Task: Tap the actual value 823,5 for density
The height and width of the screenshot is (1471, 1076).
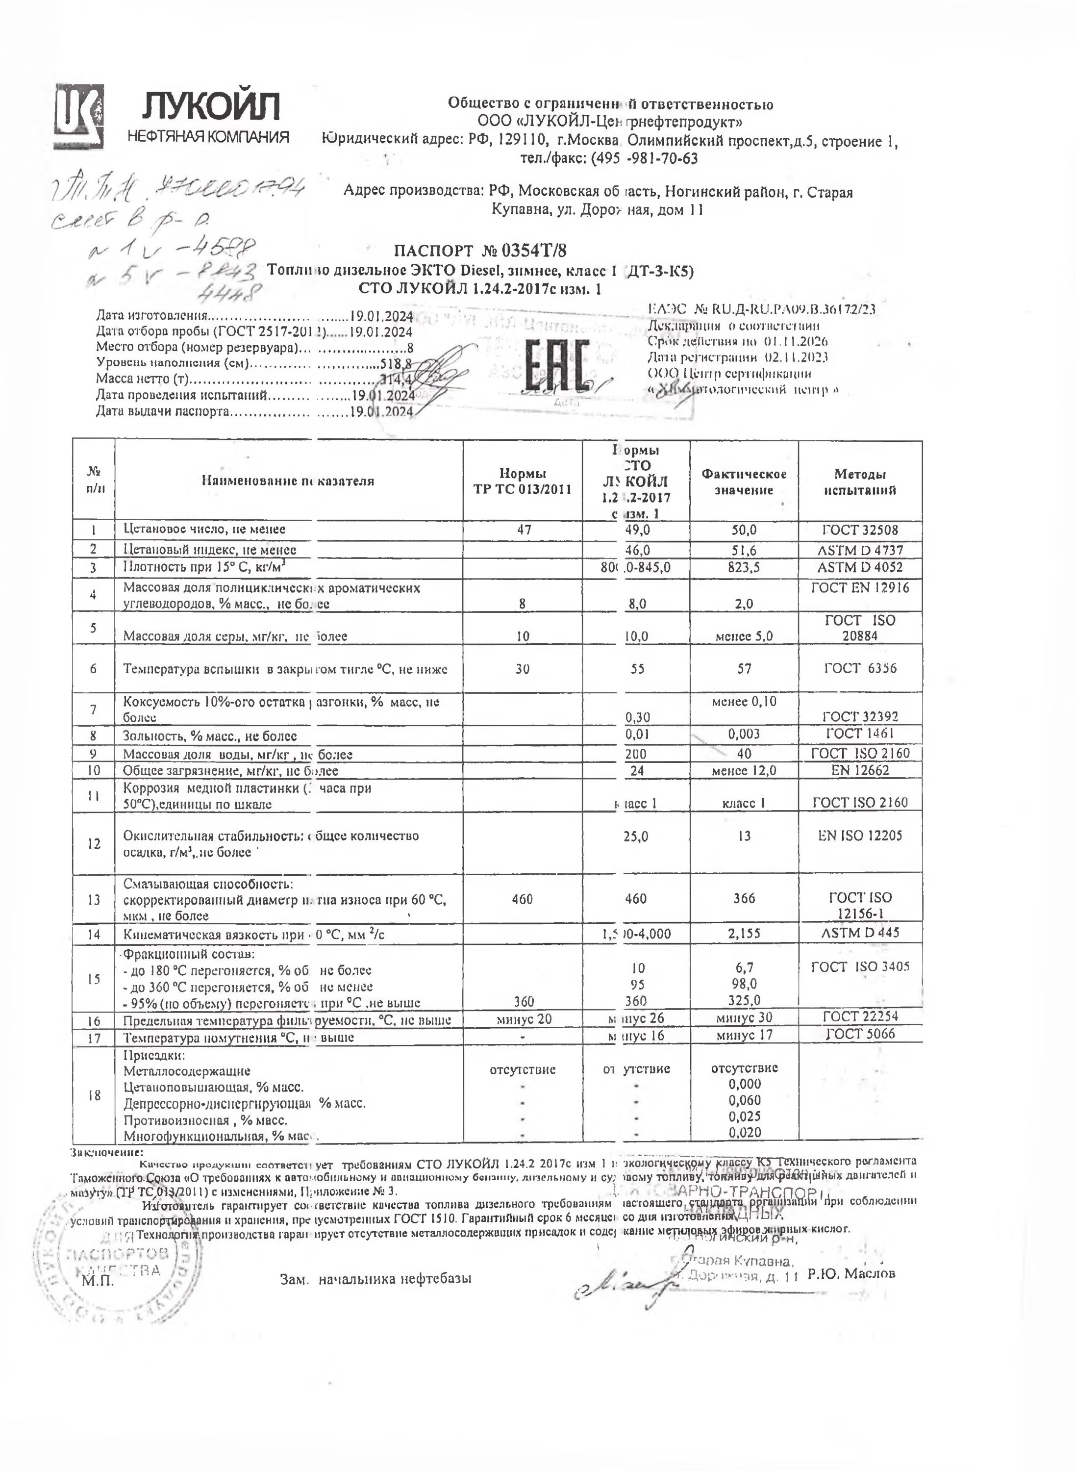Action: click(743, 567)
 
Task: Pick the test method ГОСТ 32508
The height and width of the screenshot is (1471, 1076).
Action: click(859, 530)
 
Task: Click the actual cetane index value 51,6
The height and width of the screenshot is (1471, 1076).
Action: click(743, 550)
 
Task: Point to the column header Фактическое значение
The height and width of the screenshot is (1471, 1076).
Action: click(743, 482)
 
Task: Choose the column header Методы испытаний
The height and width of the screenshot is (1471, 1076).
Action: click(860, 482)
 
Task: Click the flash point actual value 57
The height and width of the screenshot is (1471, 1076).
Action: click(744, 668)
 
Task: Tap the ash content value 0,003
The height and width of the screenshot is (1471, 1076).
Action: click(744, 734)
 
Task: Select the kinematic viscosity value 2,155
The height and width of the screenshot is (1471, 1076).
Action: click(744, 933)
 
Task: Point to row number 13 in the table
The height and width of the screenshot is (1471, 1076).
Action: click(94, 900)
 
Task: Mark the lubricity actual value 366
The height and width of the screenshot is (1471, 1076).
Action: click(744, 898)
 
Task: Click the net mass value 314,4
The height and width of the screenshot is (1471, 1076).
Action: click(397, 379)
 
